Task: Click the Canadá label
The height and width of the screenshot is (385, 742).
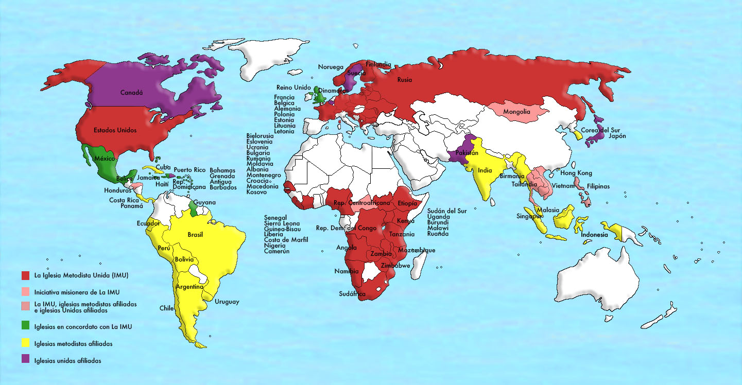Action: click(x=131, y=93)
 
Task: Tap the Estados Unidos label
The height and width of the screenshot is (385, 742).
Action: click(x=115, y=130)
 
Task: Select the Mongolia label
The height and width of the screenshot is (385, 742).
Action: click(x=517, y=112)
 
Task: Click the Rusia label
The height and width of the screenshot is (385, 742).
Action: click(x=404, y=80)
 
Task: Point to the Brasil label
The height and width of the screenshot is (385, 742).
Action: click(x=195, y=235)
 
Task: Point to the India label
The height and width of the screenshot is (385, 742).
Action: click(x=485, y=171)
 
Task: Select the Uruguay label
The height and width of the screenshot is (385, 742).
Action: click(x=227, y=302)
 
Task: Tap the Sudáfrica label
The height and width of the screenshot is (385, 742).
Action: click(x=352, y=294)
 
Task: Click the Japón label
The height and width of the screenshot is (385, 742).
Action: click(x=617, y=136)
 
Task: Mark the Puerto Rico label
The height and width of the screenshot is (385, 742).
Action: click(x=189, y=170)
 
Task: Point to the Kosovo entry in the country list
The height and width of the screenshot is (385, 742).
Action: click(x=256, y=192)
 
